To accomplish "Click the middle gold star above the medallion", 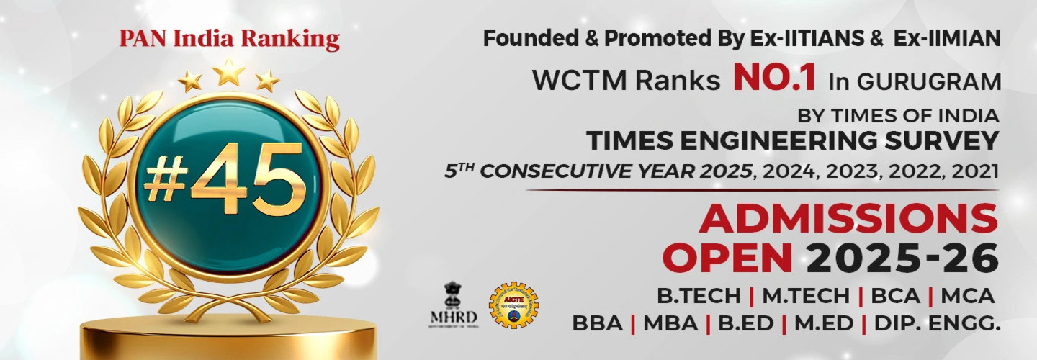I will tap(229, 72).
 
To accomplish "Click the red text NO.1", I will tap(775, 78).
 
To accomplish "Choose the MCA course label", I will tap(968, 296).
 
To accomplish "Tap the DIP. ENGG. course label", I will tap(937, 324).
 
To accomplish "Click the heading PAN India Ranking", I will tap(229, 39).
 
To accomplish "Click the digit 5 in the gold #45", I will tap(275, 177).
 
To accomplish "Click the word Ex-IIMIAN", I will tap(947, 39).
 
